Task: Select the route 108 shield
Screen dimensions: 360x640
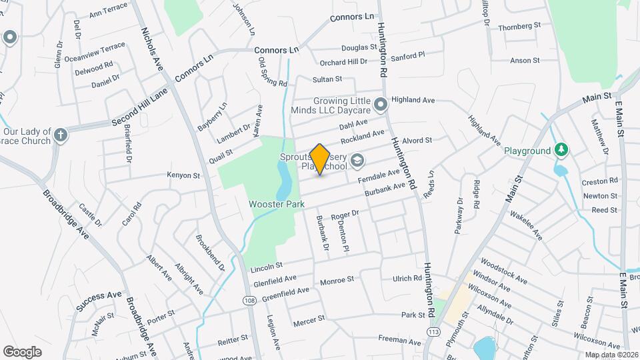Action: coord(249,301)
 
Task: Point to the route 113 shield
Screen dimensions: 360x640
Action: coord(434,331)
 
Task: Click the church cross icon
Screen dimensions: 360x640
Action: coord(61,135)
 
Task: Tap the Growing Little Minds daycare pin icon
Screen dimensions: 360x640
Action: coord(381,104)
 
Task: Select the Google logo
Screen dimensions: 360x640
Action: coord(23,351)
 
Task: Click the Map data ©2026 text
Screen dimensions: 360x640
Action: coord(611,355)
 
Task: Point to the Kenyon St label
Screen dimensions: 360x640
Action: coord(183,176)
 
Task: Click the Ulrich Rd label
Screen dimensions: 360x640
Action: coord(407,278)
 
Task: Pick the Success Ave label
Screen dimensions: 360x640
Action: coord(99,301)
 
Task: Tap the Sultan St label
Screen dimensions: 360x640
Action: coord(327,79)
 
